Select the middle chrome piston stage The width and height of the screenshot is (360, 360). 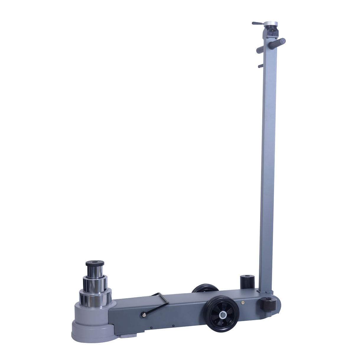coord(95,284)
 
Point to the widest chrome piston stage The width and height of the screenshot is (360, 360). coord(95,297)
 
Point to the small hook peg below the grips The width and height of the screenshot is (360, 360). coord(260,66)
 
